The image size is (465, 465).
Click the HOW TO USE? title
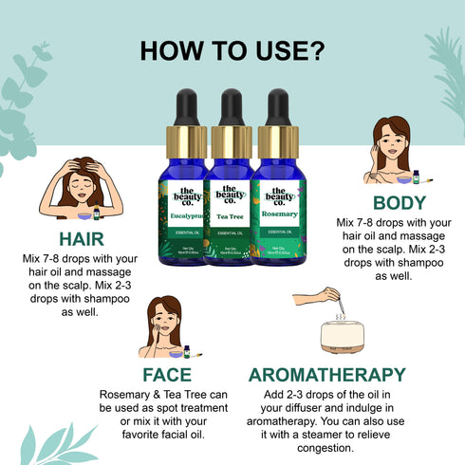(x=232, y=50)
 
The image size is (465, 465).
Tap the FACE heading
(x=166, y=374)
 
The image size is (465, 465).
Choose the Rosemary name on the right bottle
(x=278, y=215)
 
